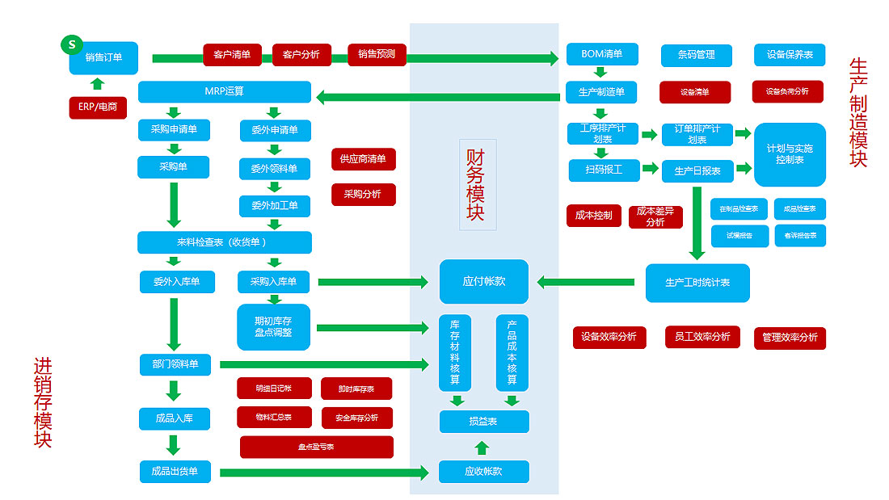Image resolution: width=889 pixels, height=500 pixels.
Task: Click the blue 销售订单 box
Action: pyautogui.click(x=104, y=57)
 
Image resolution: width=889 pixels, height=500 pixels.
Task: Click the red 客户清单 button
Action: pyautogui.click(x=232, y=55)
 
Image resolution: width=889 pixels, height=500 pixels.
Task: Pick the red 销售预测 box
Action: pyautogui.click(x=377, y=55)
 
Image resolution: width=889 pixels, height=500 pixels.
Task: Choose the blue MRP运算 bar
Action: pyautogui.click(x=224, y=91)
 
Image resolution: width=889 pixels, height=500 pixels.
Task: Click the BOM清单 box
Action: pyautogui.click(x=602, y=54)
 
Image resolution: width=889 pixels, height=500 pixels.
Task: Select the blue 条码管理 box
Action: pyautogui.click(x=697, y=55)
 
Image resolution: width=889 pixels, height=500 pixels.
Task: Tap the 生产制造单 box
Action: pyautogui.click(x=602, y=91)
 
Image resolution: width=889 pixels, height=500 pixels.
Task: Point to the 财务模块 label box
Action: pyautogui.click(x=477, y=185)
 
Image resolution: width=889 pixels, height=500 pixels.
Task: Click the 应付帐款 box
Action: pyautogui.click(x=483, y=281)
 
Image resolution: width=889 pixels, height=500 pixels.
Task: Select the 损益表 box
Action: pyautogui.click(x=483, y=422)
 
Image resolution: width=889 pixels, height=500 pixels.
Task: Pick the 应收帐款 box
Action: pyautogui.click(x=483, y=472)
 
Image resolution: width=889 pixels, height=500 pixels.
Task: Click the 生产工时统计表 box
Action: pyautogui.click(x=697, y=283)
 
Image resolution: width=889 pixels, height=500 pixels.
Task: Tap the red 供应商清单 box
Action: pyautogui.click(x=363, y=159)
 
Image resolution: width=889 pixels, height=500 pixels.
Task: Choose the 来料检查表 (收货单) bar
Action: pyautogui.click(x=224, y=242)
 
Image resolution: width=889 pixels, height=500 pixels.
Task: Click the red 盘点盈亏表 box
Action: pyautogui.click(x=316, y=447)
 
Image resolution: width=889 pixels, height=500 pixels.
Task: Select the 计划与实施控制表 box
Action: pyautogui.click(x=790, y=154)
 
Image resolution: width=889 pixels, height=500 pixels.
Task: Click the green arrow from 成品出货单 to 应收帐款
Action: pyautogui.click(x=323, y=473)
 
